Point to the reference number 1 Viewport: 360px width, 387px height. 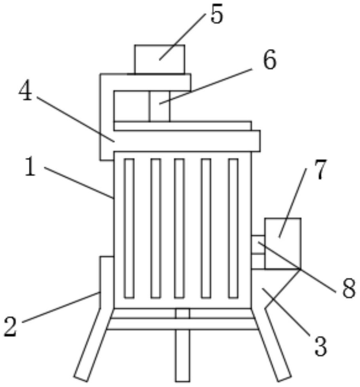coord(30,167)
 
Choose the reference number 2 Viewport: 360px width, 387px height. coord(10,327)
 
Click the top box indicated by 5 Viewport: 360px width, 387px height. coord(160,59)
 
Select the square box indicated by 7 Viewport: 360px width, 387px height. coord(283,243)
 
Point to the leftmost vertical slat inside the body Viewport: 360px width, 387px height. coord(129,228)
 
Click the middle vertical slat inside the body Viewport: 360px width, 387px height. coord(179,228)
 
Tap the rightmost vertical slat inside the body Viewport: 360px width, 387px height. coord(233,228)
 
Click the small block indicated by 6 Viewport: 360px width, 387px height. coord(159,106)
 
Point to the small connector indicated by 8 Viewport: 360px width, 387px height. coord(258,252)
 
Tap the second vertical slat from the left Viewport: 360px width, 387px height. coord(156,228)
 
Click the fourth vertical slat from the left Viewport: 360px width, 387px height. coord(206,228)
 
